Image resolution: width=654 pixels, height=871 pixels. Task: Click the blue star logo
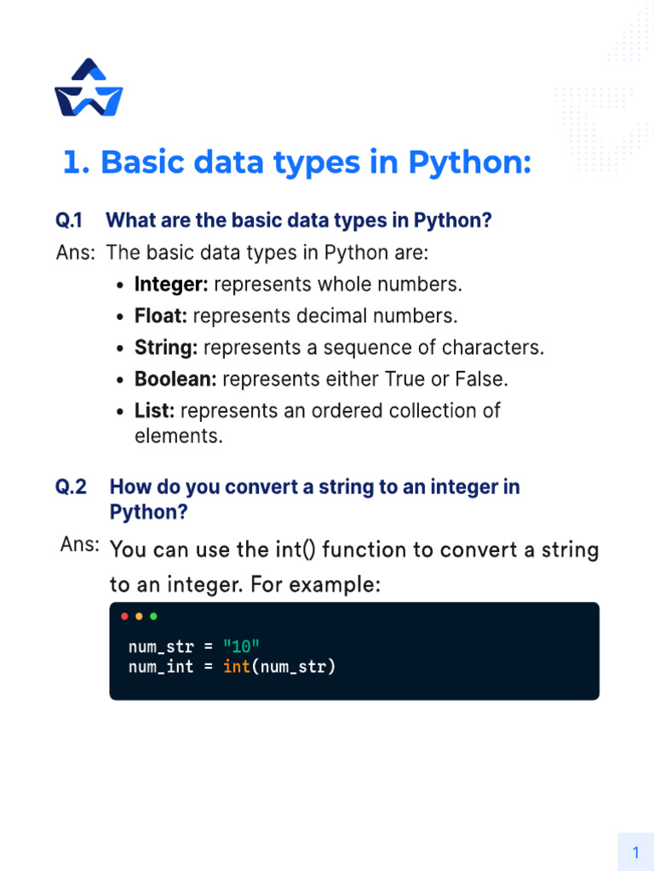(x=89, y=88)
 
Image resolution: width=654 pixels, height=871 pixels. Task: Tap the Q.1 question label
(x=69, y=221)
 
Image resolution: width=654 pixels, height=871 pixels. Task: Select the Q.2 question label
(x=72, y=487)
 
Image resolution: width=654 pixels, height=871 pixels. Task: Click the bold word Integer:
(x=171, y=284)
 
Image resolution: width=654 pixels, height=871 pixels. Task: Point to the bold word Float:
(x=161, y=316)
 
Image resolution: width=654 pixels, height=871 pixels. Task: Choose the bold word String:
(x=166, y=348)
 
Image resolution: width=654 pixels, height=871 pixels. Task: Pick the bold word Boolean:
(x=175, y=379)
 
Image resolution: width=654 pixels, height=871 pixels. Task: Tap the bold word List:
(x=155, y=411)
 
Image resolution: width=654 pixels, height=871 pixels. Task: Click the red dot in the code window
(x=125, y=616)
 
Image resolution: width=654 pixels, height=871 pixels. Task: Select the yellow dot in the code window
(x=139, y=616)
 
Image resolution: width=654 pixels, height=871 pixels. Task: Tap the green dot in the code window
(x=153, y=616)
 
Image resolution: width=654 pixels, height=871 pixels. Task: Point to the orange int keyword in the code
(x=237, y=667)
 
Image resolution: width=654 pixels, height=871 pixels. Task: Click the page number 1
(x=635, y=852)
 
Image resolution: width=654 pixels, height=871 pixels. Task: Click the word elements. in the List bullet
(x=179, y=437)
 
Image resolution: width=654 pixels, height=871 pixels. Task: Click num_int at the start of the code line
(x=161, y=667)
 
